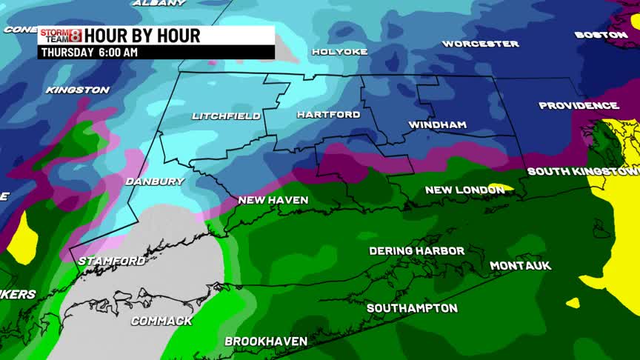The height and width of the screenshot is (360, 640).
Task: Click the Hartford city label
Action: point(328,115)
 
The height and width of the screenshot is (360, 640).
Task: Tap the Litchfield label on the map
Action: point(226,116)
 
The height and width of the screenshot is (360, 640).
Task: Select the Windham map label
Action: point(437,125)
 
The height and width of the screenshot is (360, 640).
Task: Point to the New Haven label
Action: point(273,200)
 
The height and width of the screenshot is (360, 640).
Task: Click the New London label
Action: point(464,190)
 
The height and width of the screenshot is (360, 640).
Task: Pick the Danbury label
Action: point(154,181)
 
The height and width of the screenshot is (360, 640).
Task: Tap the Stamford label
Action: point(111,261)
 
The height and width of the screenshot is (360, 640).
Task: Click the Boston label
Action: point(601,35)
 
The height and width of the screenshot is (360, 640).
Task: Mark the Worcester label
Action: point(480,44)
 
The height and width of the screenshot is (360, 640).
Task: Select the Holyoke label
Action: point(339,52)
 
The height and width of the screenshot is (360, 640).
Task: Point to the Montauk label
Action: point(520,266)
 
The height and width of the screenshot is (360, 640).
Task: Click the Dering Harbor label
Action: point(416,251)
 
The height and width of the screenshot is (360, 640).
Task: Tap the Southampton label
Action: point(412,308)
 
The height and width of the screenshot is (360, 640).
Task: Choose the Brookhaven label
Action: point(266,341)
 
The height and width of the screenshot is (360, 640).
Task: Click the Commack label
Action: point(161,321)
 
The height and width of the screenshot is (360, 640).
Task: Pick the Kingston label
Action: point(77,90)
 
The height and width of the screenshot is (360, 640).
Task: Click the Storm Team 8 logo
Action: point(61,35)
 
